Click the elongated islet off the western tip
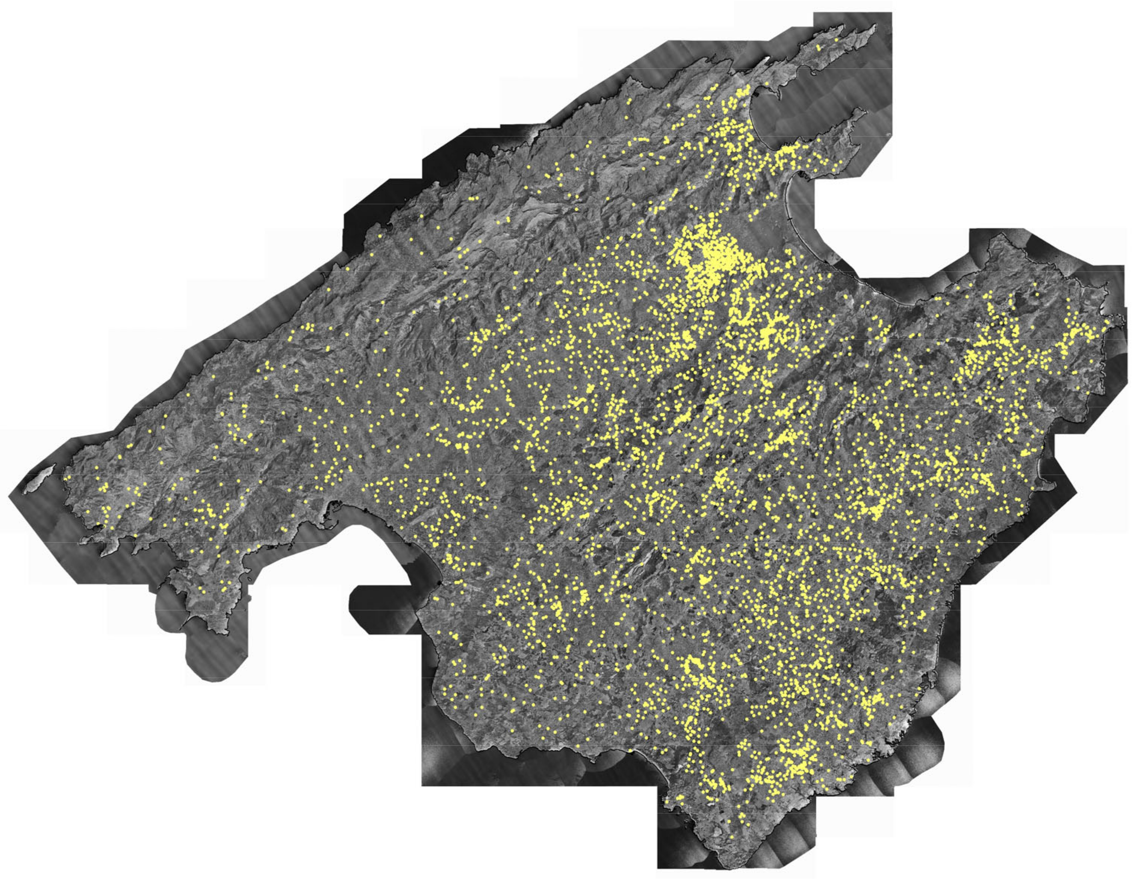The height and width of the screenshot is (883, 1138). point(39,479)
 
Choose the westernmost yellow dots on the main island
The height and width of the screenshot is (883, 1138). point(67,477)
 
